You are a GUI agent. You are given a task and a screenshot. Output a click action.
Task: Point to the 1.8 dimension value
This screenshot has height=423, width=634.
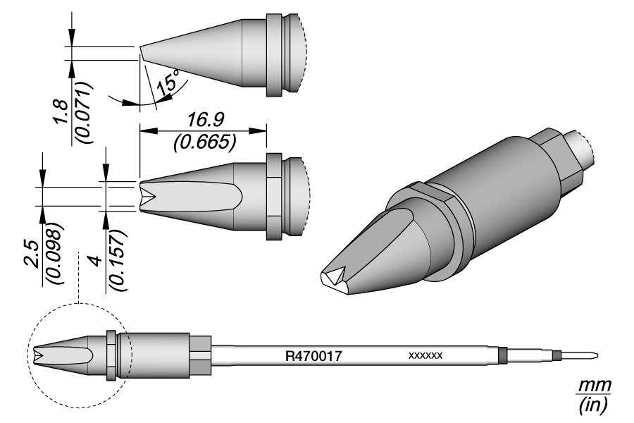pyautogui.click(x=61, y=111)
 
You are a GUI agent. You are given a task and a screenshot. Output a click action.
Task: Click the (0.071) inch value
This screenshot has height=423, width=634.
pyautogui.click(x=85, y=113)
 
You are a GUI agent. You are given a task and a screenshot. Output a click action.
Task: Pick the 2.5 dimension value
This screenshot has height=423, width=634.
pyautogui.click(x=31, y=255)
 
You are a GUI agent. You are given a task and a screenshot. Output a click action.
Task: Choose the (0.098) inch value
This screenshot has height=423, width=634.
pyautogui.click(x=55, y=253)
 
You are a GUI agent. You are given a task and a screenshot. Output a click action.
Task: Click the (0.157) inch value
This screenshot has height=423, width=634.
pyautogui.click(x=118, y=261)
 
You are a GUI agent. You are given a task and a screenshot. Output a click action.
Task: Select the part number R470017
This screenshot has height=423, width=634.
pyautogui.click(x=313, y=356)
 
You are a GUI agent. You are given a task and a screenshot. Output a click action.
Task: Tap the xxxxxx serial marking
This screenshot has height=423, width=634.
pyautogui.click(x=425, y=356)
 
